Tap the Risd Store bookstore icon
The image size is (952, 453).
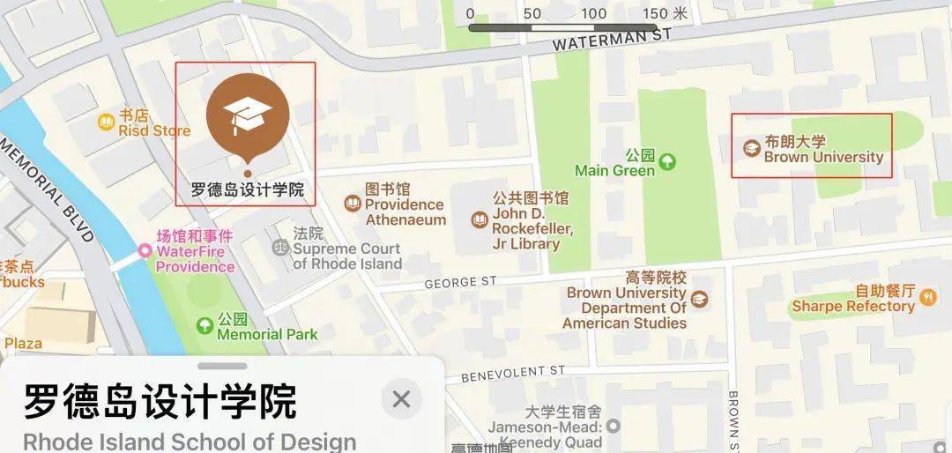pos(106,122)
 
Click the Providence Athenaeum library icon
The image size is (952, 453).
pos(353,204)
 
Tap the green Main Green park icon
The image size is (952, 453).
pos(668,161)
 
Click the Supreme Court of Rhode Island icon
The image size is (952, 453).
pos(279,247)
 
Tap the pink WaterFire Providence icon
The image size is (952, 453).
pos(145,252)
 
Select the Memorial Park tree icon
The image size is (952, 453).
pos(205,326)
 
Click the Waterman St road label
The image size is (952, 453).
pos(612,40)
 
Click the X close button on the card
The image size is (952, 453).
pos(401,399)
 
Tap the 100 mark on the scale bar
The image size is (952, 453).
pos(594,14)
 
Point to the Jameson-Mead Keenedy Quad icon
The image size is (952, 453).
pos(613,427)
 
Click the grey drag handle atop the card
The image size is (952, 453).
pos(222,366)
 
